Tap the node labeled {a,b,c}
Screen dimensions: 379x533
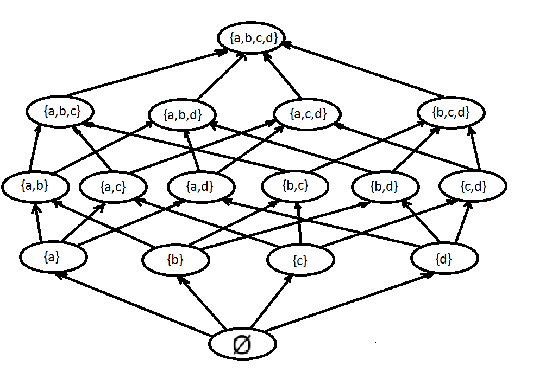click(60, 112)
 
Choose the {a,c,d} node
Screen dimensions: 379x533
click(308, 114)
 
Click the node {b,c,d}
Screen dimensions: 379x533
click(450, 113)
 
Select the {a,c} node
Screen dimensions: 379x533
click(113, 188)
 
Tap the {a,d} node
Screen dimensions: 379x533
click(201, 187)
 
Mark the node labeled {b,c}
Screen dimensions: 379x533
click(295, 187)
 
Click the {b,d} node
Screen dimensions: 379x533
click(385, 188)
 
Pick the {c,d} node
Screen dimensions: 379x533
click(472, 187)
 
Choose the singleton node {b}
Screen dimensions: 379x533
click(175, 260)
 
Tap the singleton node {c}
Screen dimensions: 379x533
click(300, 261)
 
